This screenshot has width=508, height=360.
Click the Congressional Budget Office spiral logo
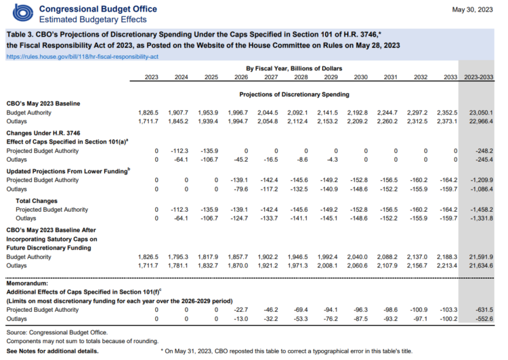22,14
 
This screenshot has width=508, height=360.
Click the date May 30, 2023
472,9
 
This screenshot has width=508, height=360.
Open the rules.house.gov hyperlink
82,57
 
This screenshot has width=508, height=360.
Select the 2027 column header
271,77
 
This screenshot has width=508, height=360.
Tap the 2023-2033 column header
478,77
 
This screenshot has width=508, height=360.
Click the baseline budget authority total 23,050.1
481,112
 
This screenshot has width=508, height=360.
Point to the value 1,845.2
178,121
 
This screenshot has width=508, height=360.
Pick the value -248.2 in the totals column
484,151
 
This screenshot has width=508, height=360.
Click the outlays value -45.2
240,160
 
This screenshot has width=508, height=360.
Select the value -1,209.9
482,180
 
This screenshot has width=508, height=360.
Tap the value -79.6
240,189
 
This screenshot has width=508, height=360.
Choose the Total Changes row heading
37,201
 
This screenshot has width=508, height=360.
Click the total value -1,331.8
482,219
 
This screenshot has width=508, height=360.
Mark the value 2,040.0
358,257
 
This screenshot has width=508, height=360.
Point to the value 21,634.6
481,266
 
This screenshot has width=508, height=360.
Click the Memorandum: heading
27,284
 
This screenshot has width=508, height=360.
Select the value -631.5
484,310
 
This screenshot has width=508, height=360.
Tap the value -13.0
240,319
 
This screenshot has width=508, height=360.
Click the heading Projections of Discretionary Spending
294,95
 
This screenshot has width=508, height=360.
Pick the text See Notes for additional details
52,351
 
